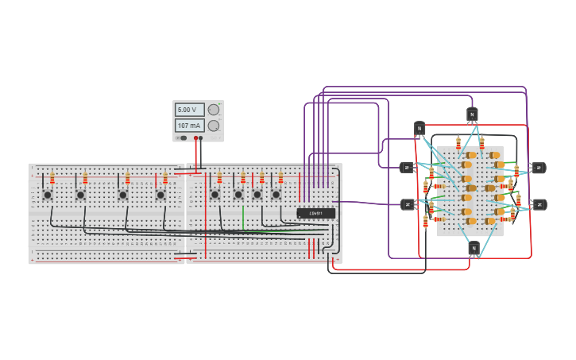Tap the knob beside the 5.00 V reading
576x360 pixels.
(214, 110)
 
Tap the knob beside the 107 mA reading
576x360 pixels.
(214, 126)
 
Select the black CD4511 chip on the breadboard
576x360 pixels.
(316, 213)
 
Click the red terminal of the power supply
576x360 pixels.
(195, 138)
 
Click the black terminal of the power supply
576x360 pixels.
(201, 138)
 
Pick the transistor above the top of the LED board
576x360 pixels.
(472, 114)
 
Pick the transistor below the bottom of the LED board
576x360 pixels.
(474, 248)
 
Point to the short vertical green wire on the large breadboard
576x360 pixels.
(243, 217)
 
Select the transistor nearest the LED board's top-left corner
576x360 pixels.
(419, 128)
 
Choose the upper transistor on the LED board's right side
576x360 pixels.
(538, 168)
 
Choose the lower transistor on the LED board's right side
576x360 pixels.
(539, 204)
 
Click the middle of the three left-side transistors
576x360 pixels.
(407, 168)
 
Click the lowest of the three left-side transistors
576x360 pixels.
(408, 204)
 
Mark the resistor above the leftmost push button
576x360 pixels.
(52, 178)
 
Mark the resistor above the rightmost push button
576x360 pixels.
(280, 178)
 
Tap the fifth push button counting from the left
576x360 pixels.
(215, 194)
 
